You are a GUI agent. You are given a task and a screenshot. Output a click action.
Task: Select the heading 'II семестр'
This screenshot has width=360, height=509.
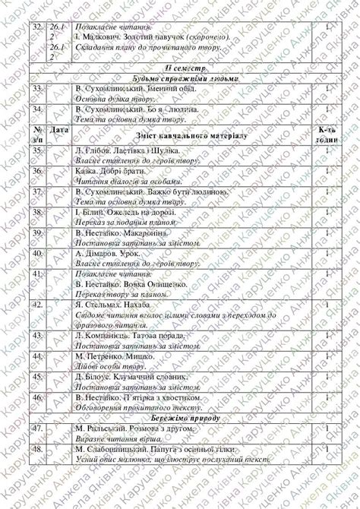[181, 68]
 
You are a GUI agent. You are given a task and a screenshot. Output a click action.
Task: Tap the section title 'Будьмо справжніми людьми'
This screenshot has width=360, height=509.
[181, 78]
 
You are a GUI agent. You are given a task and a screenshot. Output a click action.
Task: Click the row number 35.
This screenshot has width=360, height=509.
[37, 151]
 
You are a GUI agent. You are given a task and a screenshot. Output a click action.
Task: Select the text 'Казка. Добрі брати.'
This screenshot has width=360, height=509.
[111, 172]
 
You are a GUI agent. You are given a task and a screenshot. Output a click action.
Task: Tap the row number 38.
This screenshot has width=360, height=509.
[37, 213]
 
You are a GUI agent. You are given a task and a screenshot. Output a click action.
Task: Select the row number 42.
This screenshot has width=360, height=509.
[37, 304]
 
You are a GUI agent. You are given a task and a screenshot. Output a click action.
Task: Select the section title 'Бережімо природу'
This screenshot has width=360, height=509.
[181, 418]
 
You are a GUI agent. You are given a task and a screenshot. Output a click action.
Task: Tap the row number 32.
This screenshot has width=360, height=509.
[37, 27]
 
